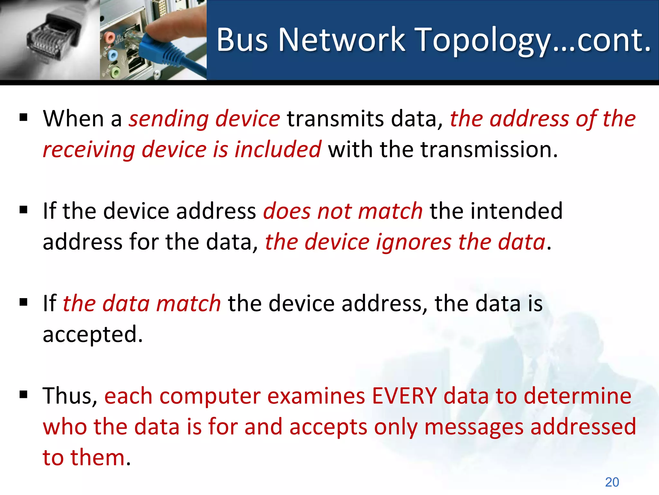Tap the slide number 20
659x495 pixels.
(x=612, y=482)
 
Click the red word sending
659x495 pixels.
(x=169, y=119)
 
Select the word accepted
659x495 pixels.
(x=92, y=335)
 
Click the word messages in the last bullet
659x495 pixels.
(x=473, y=427)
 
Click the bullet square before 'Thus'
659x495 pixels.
(x=23, y=394)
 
